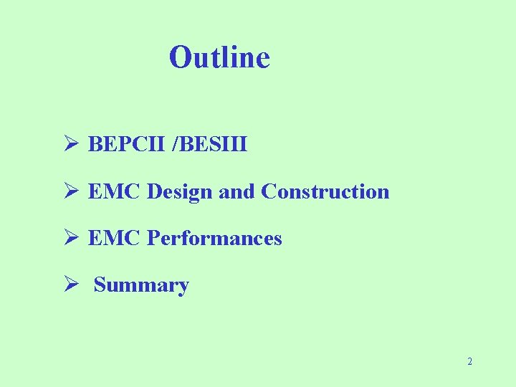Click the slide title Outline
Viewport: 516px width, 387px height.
click(219, 57)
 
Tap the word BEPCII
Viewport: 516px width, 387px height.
click(127, 145)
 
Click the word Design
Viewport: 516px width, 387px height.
click(179, 192)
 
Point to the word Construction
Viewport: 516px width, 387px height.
click(325, 192)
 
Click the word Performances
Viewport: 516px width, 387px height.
click(214, 238)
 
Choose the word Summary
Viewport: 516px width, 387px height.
click(141, 285)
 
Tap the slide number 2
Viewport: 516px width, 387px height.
click(469, 362)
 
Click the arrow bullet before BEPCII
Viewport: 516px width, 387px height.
click(70, 145)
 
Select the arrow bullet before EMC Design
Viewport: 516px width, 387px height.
click(70, 192)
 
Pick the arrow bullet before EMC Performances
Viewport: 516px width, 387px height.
click(70, 238)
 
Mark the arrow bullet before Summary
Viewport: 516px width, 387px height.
click(70, 285)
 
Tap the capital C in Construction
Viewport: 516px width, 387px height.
click(269, 192)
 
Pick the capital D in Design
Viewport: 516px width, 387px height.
click(154, 192)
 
